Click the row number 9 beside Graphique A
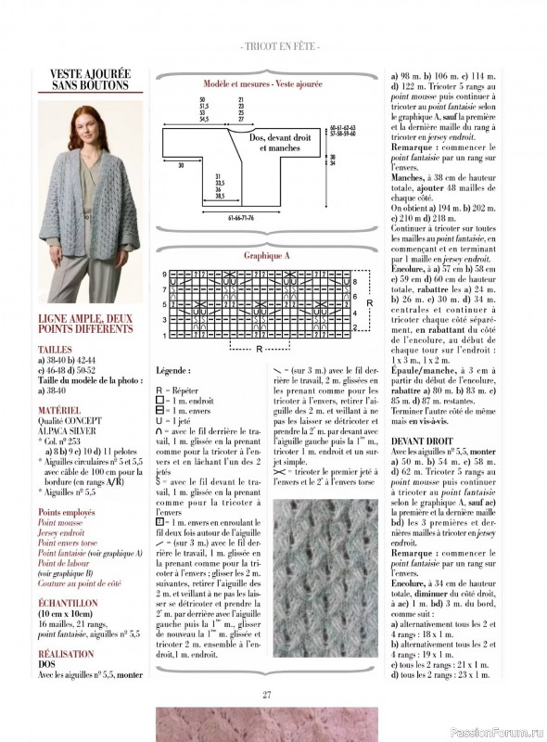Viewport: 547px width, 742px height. (x=165, y=275)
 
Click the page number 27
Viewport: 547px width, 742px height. (x=266, y=695)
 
